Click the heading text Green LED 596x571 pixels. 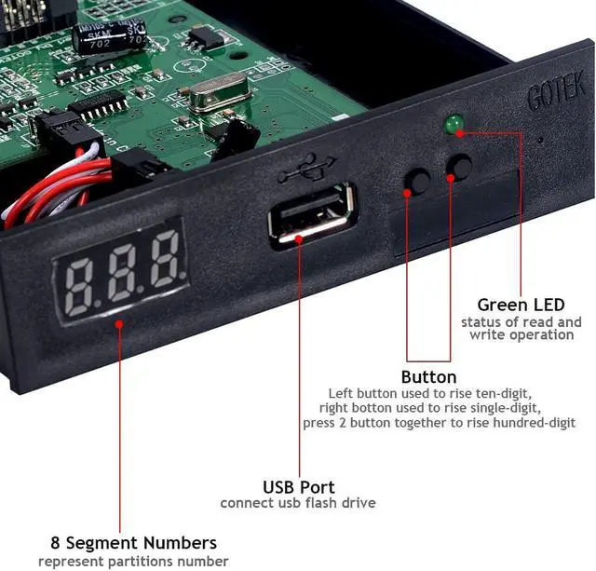pos(521,305)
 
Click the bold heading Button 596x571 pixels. pos(428,377)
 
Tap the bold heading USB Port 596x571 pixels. pos(298,486)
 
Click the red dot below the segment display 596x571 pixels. pos(119,323)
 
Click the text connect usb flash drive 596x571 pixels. pos(298,503)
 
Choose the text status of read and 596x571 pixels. pos(521,321)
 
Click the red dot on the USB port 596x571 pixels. pos(299,237)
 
